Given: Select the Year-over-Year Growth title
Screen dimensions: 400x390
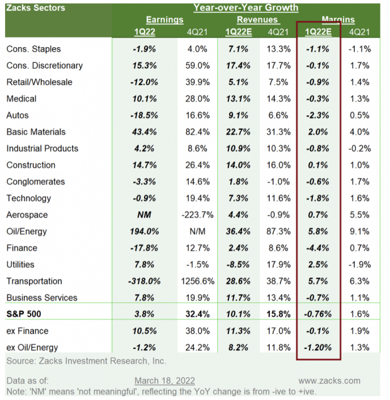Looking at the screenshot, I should pos(245,8).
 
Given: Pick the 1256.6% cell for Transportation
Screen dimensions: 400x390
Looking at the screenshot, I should pos(197,281).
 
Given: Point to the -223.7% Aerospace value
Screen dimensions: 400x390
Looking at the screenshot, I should pos(197,215).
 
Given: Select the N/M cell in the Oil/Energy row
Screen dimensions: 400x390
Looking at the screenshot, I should pos(197,232).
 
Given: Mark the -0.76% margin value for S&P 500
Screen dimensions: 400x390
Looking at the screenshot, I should pos(319,314).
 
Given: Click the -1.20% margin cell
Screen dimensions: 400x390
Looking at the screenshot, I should pos(319,347).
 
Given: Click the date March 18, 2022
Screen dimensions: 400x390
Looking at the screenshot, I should pos(164,380).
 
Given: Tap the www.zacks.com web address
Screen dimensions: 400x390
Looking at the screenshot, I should pos(330,380).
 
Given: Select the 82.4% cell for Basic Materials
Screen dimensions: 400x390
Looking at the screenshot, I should pos(197,132).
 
